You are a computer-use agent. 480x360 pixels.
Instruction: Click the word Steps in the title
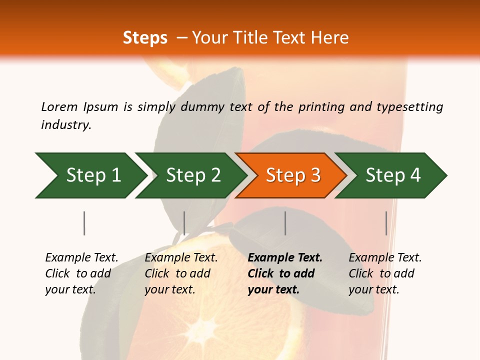click(x=145, y=38)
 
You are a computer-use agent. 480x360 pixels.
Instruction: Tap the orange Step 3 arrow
click(x=293, y=175)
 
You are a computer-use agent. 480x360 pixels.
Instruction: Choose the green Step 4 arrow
click(x=393, y=175)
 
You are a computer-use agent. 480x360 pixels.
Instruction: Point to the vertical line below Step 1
click(x=84, y=223)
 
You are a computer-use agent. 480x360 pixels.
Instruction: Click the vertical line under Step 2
click(x=184, y=223)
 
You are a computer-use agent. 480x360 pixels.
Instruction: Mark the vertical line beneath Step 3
click(x=285, y=223)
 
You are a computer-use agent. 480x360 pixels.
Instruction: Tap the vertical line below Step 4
click(x=386, y=223)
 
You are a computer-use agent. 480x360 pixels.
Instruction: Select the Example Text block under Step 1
click(x=81, y=273)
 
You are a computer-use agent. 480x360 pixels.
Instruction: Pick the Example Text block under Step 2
click(x=181, y=273)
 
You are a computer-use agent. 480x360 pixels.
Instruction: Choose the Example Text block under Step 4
click(x=385, y=273)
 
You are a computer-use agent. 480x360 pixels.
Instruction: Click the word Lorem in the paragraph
click(x=59, y=106)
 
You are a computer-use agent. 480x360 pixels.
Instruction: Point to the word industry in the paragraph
click(x=66, y=124)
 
